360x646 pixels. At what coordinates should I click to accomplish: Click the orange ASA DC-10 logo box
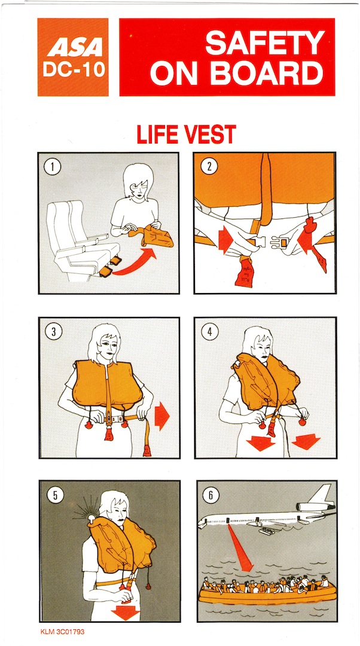(73, 57)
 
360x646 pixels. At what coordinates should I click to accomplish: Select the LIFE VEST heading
(186, 135)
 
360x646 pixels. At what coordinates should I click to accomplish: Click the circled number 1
(53, 167)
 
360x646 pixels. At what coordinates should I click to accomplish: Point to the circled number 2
(209, 167)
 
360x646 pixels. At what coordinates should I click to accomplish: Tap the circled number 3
(54, 331)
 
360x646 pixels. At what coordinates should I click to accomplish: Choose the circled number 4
(210, 331)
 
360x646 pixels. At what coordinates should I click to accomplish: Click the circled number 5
(55, 495)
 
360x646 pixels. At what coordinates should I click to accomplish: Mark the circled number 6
(210, 495)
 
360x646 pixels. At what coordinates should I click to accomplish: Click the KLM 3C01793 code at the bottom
(62, 631)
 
